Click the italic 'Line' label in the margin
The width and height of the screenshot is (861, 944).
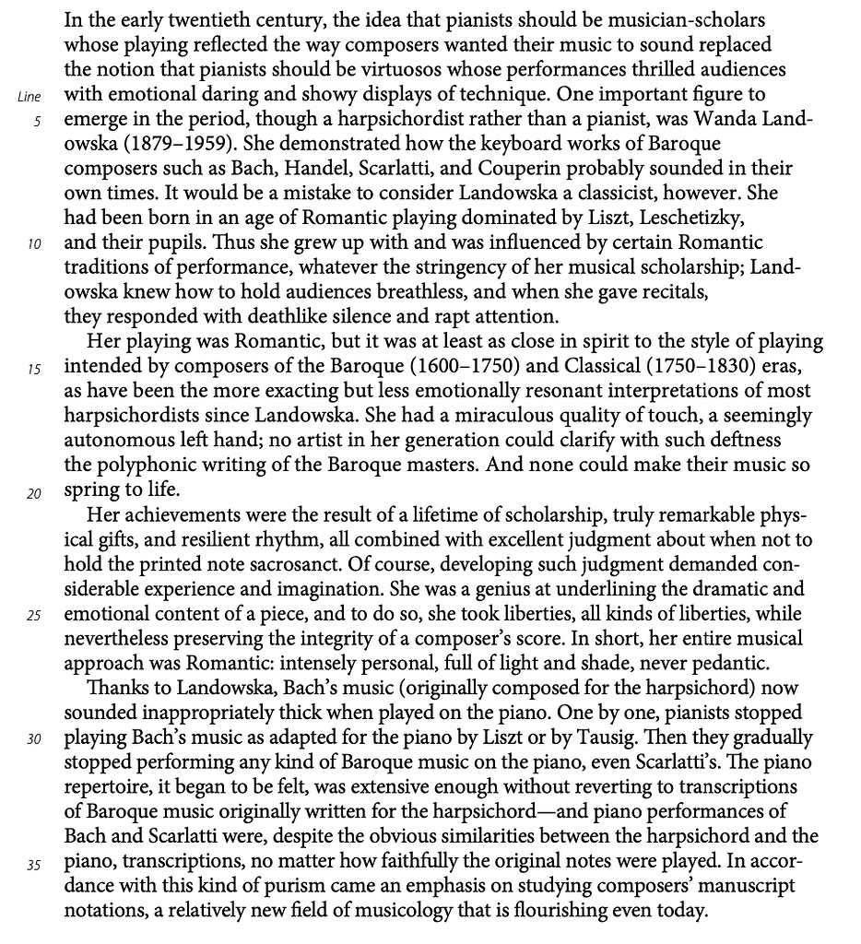click(x=29, y=97)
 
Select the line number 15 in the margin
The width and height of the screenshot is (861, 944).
click(x=34, y=370)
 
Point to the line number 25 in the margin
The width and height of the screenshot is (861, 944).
click(x=34, y=616)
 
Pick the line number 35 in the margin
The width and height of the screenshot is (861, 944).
click(x=34, y=864)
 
